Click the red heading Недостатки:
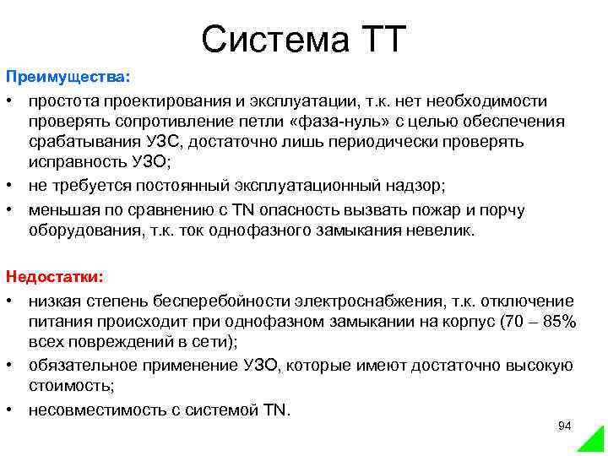click(55, 276)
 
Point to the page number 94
click(565, 426)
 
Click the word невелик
click(444, 230)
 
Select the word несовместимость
click(87, 410)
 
